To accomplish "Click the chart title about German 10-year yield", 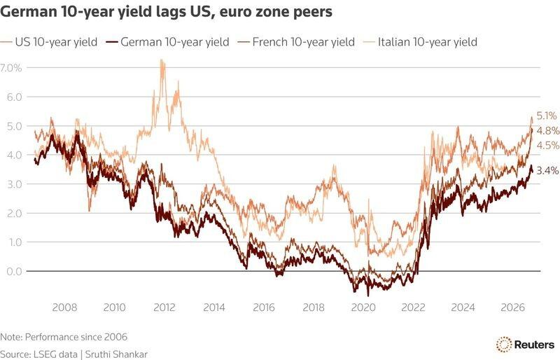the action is point(166,11).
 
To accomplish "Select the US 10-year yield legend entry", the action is point(49,42).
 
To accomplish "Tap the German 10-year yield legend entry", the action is point(168,42).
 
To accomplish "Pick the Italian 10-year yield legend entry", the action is point(421,42).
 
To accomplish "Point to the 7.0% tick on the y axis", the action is point(11,67).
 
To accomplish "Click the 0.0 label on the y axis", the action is point(14,271).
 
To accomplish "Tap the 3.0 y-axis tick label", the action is point(14,184).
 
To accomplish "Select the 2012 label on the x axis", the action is point(164,307).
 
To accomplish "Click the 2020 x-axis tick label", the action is point(363,307).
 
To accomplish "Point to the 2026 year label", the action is point(513,307).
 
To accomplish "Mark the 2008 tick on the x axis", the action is point(64,307).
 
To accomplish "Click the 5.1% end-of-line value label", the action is point(547,116).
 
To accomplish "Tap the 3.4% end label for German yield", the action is point(547,171).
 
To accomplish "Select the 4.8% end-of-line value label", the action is point(548,131).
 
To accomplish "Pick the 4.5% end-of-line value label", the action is point(548,145).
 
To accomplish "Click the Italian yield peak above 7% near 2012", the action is point(162,60).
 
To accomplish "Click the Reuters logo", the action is point(525,345).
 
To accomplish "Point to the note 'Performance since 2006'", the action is point(64,337).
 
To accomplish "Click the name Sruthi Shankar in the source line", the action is point(116,354).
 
